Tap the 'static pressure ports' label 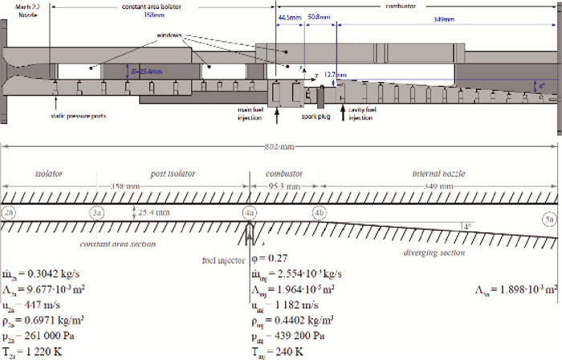pyautogui.click(x=78, y=116)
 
